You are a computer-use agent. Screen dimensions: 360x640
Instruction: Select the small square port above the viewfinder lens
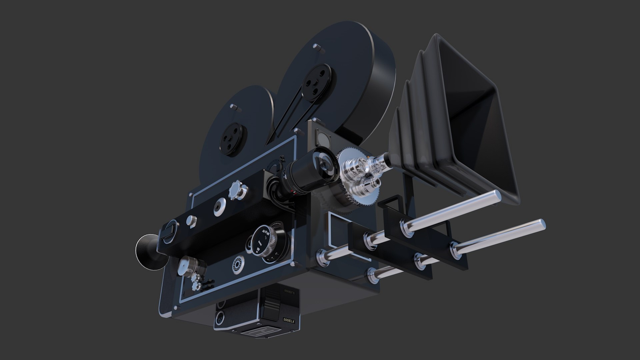(x=322, y=137)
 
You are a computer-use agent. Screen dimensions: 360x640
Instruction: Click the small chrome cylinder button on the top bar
(x=192, y=220)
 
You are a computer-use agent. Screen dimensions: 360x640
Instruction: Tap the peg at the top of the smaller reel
(x=235, y=107)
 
